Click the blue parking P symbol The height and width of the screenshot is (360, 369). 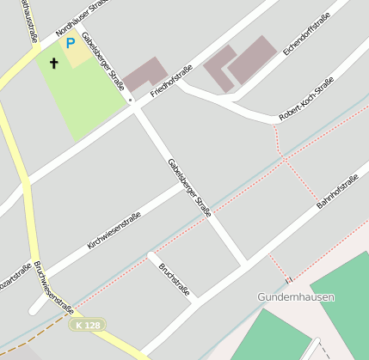click(x=71, y=41)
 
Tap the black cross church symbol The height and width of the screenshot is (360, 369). click(x=53, y=63)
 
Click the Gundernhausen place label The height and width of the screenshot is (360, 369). click(x=296, y=296)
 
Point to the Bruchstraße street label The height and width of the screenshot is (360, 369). click(x=174, y=279)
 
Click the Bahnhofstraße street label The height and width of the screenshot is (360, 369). click(x=337, y=192)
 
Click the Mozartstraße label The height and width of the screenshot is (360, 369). click(x=15, y=278)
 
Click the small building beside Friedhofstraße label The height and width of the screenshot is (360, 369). click(x=145, y=75)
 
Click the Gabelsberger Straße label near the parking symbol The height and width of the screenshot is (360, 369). click(x=103, y=67)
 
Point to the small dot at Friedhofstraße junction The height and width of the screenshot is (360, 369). click(x=130, y=101)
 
